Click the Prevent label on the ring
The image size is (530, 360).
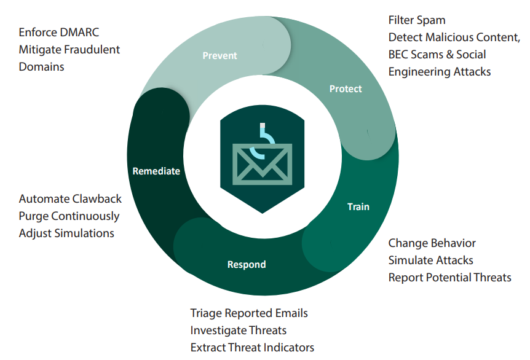(220, 56)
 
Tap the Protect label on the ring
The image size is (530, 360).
(346, 89)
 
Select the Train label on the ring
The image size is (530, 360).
(358, 206)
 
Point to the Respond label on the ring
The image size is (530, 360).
(247, 265)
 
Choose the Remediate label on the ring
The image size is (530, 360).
(156, 171)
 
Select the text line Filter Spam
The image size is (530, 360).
(417, 20)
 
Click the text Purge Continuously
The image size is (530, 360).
(69, 216)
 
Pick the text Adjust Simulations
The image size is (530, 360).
(66, 233)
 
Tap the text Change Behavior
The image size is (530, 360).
(432, 243)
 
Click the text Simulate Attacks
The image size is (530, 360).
(430, 260)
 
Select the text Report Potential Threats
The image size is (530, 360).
(449, 278)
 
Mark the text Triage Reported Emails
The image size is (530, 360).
(249, 313)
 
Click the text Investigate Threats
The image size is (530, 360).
(239, 331)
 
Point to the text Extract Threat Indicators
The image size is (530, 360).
(252, 348)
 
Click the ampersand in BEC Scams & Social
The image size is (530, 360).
(449, 55)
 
